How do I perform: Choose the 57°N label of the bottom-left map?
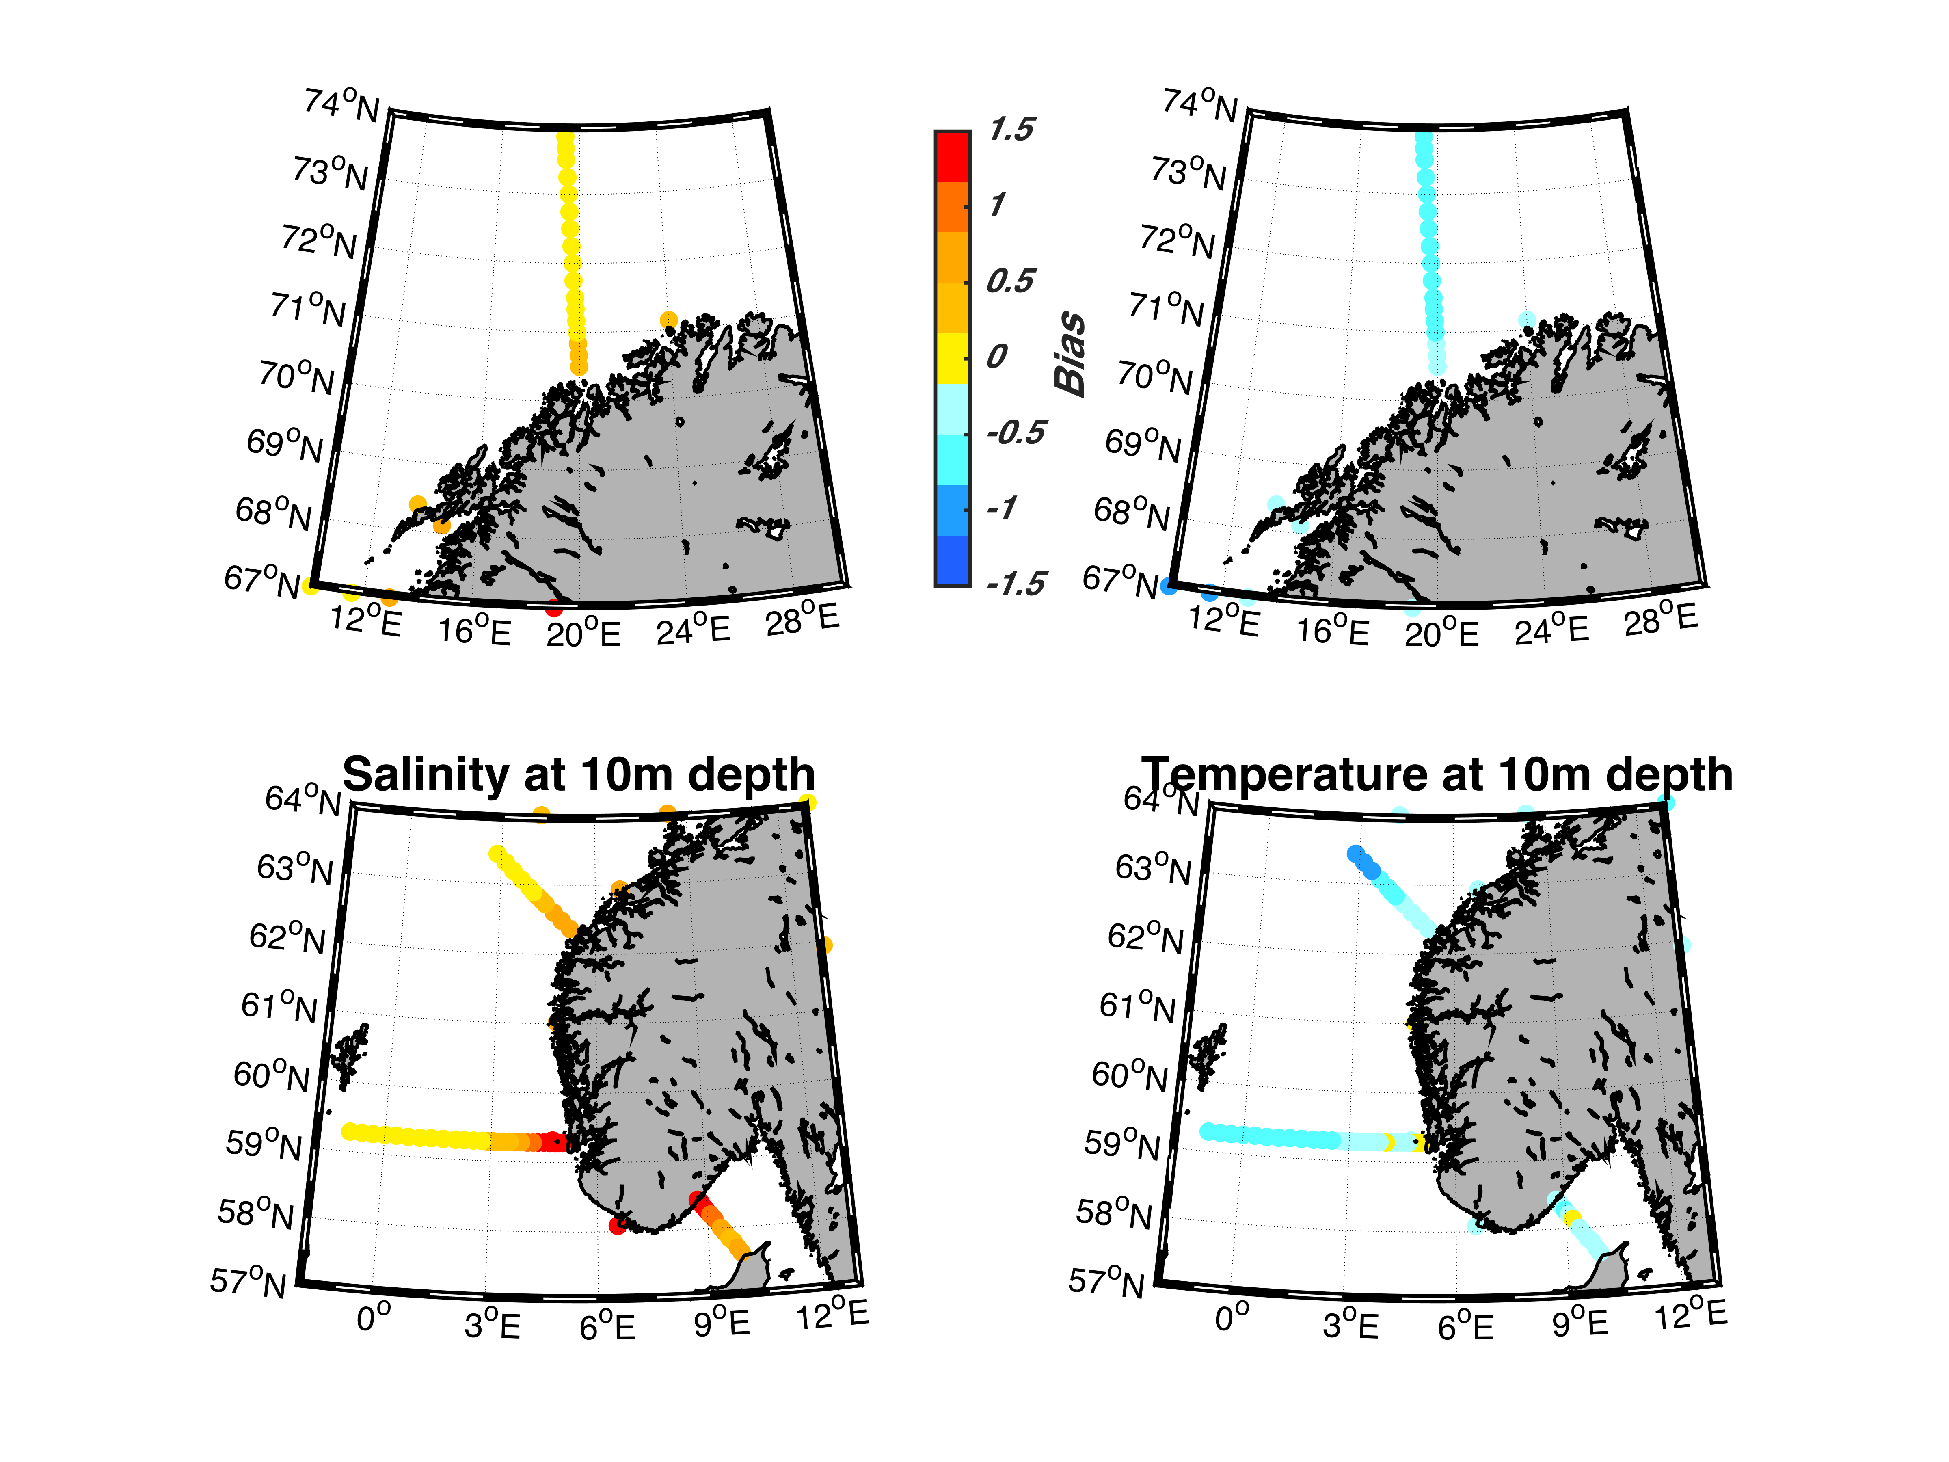248,1281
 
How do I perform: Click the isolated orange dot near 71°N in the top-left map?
669,320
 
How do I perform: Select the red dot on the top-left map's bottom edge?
553,608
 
